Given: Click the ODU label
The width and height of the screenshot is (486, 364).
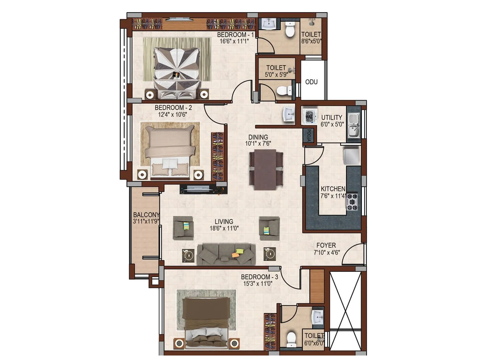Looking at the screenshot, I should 311,82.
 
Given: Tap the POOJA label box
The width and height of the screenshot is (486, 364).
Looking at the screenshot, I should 308,135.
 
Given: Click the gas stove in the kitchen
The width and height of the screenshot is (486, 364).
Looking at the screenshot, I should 352,202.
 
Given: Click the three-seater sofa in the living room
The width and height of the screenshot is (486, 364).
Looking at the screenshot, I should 226,254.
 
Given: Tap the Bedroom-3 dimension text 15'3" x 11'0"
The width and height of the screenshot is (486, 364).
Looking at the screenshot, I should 258,284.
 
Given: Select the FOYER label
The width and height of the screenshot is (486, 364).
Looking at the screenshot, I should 326,245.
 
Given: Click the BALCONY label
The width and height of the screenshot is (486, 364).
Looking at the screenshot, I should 146,215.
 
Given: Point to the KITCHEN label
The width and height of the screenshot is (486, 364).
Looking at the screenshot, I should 333,189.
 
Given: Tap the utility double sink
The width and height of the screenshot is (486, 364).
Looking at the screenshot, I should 353,124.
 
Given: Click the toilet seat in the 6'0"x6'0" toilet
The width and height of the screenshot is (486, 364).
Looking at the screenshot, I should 291,339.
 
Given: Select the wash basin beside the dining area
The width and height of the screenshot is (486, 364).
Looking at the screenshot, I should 289,114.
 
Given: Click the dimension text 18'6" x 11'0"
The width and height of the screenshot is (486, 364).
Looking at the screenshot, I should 224,228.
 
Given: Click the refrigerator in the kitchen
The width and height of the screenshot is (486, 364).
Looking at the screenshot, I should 351,156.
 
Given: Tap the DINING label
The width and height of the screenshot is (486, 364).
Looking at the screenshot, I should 258,137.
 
